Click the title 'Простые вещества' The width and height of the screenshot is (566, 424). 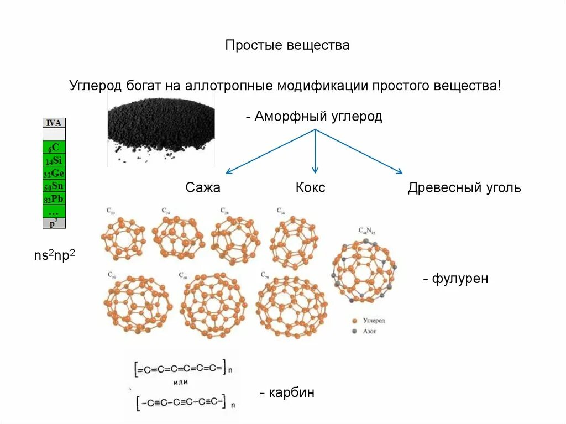(287, 45)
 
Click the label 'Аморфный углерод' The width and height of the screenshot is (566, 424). (318, 117)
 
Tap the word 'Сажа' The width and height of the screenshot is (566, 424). (203, 187)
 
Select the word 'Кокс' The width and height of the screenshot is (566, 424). (310, 187)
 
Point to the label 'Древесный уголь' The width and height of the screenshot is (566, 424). (464, 187)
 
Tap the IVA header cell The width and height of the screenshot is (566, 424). (54, 123)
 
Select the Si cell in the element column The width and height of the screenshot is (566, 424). (54, 160)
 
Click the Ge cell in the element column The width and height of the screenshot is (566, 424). (54, 173)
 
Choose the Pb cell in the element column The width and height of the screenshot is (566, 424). (54, 198)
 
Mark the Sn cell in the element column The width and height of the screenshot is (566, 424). (54, 186)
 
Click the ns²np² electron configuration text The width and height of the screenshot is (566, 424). (54, 256)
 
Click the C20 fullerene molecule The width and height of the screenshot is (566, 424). (123, 238)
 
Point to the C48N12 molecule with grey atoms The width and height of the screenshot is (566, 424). (364, 270)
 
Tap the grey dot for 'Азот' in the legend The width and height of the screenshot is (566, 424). (354, 331)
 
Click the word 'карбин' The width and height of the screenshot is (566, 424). (291, 393)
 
